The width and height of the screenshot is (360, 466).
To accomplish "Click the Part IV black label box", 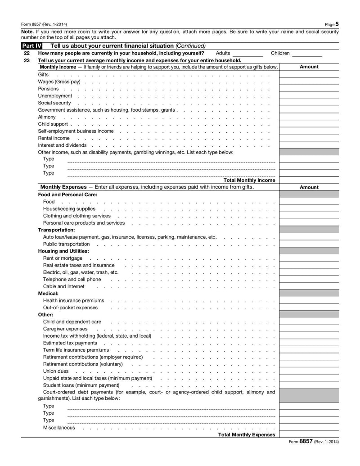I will coord(31,46).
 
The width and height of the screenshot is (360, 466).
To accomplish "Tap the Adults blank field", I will coord(247,54).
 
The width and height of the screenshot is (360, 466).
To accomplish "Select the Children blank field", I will coord(307,54).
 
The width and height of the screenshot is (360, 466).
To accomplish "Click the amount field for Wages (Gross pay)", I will coord(309,81).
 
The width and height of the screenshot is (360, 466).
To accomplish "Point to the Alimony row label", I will coord(47,117).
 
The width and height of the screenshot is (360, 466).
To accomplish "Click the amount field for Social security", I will coord(309,103).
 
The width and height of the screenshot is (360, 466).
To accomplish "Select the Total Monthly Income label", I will coord(249,180).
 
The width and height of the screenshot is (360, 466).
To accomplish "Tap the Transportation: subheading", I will coord(56,230).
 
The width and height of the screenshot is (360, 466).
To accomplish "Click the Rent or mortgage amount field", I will coord(309,258).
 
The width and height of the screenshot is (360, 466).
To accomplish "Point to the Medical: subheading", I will coord(48,294).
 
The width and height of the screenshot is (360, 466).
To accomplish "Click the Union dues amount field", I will coord(309,371).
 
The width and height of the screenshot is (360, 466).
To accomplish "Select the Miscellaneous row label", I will coord(59,428).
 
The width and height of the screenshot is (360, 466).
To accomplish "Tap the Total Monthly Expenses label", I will coord(246,435).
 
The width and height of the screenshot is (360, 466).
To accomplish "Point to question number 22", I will coord(27,53).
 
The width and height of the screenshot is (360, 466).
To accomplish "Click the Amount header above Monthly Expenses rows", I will coord(309,187).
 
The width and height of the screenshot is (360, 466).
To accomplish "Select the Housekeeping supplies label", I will coord(69,209).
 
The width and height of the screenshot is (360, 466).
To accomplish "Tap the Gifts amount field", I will coord(309,74).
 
